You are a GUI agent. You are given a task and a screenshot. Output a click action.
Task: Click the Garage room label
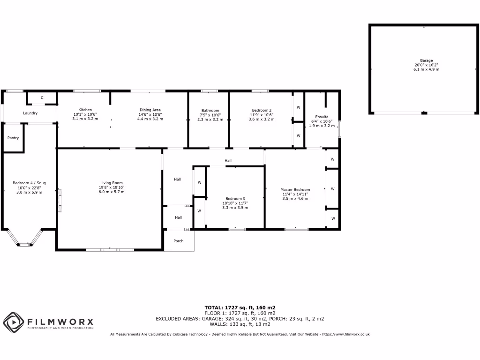(426, 60)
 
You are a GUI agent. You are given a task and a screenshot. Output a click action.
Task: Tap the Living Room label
(112, 183)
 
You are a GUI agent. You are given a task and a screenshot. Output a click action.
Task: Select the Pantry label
(13, 138)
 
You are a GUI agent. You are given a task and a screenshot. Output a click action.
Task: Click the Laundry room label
(30, 113)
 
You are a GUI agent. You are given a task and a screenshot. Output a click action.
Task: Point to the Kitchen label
(85, 110)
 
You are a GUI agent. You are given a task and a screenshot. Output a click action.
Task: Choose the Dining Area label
(150, 110)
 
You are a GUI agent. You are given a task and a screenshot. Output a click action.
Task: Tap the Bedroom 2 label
(261, 110)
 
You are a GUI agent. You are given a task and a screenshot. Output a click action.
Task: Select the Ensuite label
(322, 117)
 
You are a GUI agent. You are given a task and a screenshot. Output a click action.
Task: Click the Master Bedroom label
(295, 189)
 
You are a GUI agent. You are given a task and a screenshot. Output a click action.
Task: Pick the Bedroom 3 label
(235, 198)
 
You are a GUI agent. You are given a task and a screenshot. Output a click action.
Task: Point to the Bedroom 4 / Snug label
(29, 183)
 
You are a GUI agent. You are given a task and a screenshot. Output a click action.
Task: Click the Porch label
(179, 241)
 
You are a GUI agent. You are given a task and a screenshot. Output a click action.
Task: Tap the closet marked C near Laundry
(42, 97)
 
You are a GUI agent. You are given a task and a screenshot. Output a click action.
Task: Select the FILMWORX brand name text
(60, 322)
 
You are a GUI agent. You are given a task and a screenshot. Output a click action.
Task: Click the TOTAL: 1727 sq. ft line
(240, 307)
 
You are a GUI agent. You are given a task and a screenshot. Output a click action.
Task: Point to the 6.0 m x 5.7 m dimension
(112, 192)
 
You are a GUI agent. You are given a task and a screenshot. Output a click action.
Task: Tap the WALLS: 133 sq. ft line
(240, 324)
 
